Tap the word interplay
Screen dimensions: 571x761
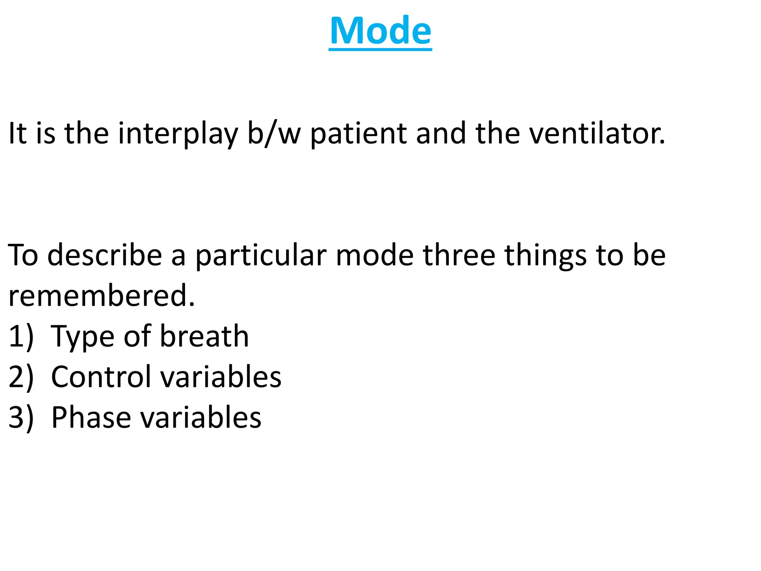pyautogui.click(x=178, y=133)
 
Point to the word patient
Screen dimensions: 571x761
pyautogui.click(x=358, y=133)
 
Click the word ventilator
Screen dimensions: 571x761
pyautogui.click(x=597, y=133)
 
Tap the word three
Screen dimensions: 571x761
pyautogui.click(x=459, y=255)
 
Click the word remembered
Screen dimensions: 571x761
pyautogui.click(x=101, y=296)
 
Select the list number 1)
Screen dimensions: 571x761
pyautogui.click(x=21, y=336)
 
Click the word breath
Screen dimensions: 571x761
pyautogui.click(x=204, y=336)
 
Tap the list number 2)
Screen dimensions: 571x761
pyautogui.click(x=21, y=377)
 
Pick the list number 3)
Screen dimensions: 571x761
pyautogui.click(x=21, y=417)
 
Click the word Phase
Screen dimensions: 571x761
pyautogui.click(x=91, y=417)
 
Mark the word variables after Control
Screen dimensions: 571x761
pyautogui.click(x=221, y=377)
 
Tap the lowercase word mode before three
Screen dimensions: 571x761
pyautogui.click(x=375, y=255)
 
